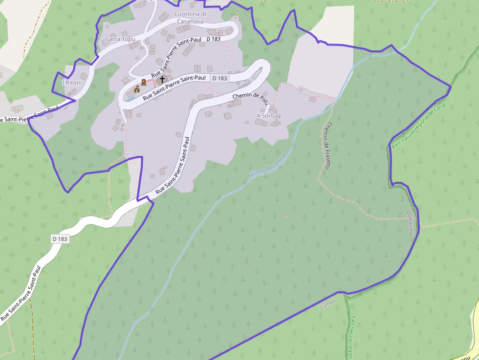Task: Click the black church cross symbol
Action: coord(162,79)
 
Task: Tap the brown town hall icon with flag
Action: coord(137,89)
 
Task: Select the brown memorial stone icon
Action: coord(144,82)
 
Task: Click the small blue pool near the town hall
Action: coord(131,98)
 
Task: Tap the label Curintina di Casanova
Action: coord(190,18)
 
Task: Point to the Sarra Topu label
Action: coord(120,39)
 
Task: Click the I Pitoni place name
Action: coord(72,83)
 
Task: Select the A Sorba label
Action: coord(267,116)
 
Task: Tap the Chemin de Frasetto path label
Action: coord(327,146)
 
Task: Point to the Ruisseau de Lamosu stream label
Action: coord(266,169)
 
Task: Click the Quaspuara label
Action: coord(410,222)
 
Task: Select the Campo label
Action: coord(328,304)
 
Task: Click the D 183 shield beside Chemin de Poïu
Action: coord(219,78)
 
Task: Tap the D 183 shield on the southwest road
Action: coord(60,239)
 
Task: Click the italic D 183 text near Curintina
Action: coord(214,39)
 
